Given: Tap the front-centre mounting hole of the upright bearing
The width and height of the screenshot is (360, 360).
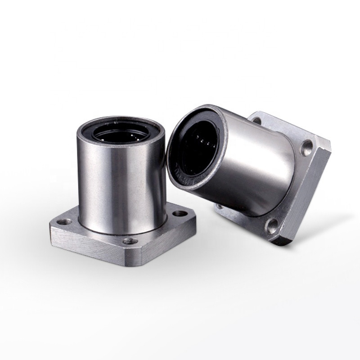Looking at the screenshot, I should coord(130,241).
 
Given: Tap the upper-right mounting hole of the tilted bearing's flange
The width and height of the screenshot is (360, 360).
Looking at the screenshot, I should coord(307,145).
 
